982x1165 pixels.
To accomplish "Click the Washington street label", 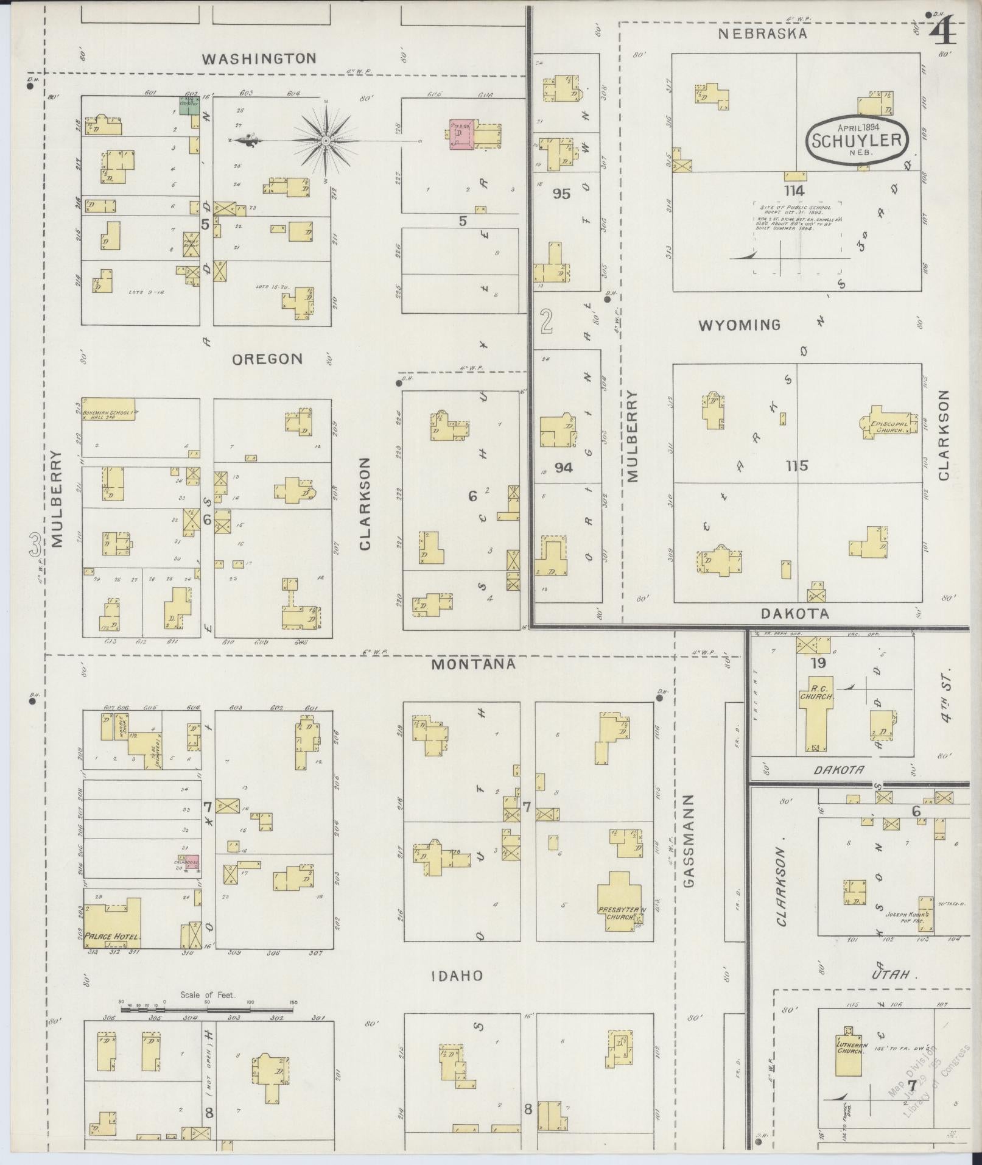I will pos(259,58).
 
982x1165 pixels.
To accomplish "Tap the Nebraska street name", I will pos(762,33).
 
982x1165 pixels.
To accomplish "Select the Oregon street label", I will pos(267,359).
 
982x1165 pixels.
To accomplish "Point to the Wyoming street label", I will pos(739,325).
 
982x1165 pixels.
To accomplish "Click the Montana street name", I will pos(473,664).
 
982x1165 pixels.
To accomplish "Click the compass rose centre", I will pos(326,141).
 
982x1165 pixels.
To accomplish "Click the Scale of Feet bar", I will pos(207,1010).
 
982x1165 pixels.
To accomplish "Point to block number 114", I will pos(794,191).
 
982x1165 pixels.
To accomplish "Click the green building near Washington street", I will pos(188,105).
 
